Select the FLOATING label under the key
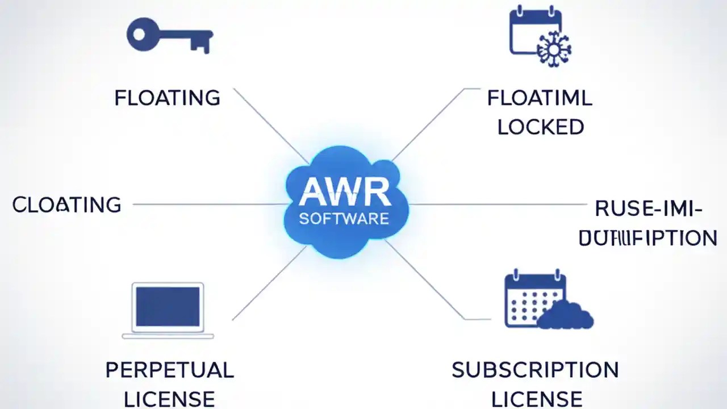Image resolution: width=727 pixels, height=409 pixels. coord(167,98)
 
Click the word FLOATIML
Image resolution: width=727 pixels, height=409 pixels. coord(540,98)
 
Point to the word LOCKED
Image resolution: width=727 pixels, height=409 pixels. coord(541,127)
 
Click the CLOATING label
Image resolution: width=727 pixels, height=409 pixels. coord(66,204)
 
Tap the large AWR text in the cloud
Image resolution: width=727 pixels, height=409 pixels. coord(345,191)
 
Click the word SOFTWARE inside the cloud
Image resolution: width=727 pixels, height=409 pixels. coord(344,219)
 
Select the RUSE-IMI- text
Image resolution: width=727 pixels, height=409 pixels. coord(648,209)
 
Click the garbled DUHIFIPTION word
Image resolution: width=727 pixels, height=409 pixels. coord(647,238)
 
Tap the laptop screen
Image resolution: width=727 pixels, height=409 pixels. coord(168,306)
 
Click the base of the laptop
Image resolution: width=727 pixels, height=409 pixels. coord(168,336)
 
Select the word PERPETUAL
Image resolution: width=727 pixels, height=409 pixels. coord(169,370)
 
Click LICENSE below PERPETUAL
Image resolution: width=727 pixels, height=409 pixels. coord(169,399)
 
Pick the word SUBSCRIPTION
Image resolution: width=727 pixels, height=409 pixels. coord(535,370)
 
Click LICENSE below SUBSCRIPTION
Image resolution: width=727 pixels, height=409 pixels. coord(536,399)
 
